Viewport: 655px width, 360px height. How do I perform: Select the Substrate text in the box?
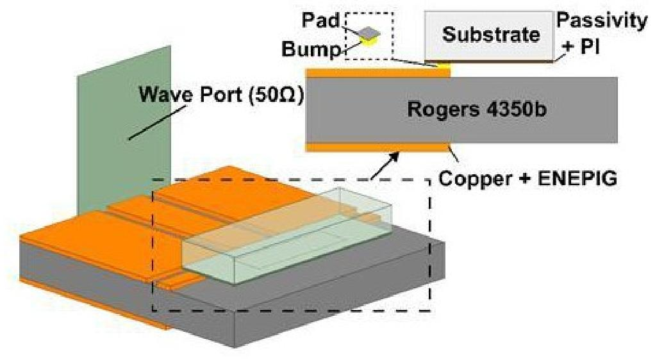491,34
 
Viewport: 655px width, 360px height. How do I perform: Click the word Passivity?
602,20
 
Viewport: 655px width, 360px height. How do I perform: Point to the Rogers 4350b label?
477,110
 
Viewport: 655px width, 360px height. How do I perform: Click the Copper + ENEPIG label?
527,179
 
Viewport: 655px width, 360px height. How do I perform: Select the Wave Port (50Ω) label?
221,94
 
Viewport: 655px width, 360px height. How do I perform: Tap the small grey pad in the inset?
369,33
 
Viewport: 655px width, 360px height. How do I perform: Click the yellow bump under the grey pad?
370,40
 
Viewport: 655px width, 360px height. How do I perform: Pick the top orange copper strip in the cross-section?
379,73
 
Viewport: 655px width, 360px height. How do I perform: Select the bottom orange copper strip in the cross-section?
379,147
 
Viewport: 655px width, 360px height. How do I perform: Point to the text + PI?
581,47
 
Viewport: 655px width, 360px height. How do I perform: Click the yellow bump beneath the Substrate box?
444,65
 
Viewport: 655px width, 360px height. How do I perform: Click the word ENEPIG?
577,179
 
